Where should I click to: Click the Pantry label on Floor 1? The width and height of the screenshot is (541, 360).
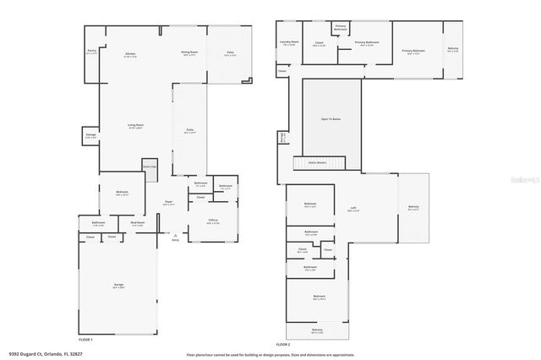[x=91, y=52]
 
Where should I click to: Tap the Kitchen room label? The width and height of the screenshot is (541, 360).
[x=131, y=54]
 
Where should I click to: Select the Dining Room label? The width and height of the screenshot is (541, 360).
[x=189, y=52]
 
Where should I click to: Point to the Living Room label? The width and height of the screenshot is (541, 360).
[x=134, y=125]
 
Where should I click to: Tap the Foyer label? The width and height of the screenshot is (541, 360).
[x=168, y=202]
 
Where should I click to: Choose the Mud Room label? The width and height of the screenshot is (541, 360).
[x=137, y=223]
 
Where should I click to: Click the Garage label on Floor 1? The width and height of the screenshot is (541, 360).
[x=118, y=286]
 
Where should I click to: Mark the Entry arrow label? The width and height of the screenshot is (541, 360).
[x=175, y=240]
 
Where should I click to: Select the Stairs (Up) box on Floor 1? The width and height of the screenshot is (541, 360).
[x=149, y=166]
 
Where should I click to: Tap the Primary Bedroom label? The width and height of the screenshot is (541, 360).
[x=413, y=52]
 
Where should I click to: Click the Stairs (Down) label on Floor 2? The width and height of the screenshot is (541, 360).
[x=320, y=162]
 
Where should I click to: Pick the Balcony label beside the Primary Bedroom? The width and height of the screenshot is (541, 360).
[x=453, y=48]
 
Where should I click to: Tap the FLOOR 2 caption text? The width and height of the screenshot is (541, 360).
[x=282, y=345]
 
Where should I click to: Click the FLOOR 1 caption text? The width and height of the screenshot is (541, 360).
[x=85, y=338]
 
